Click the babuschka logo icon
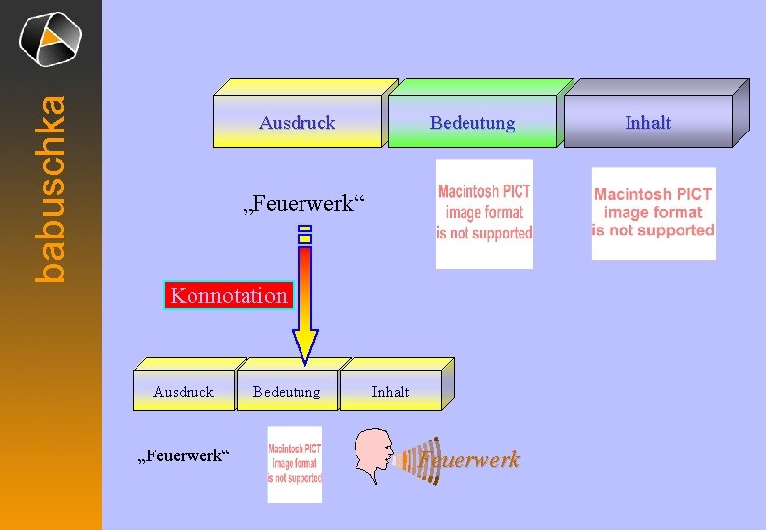tap(49, 39)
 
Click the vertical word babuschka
tap(50, 186)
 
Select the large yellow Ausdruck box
tap(298, 121)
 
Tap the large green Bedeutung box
tap(472, 121)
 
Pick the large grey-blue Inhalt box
tap(648, 121)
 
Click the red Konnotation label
tap(229, 295)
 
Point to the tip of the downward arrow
tap(305, 360)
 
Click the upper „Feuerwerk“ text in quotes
tap(302, 204)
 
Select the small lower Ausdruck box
tap(184, 391)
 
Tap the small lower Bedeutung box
tap(287, 391)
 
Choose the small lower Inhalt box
tap(390, 391)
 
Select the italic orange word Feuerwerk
tap(468, 459)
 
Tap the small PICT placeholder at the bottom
tap(295, 464)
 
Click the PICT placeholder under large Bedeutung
tap(484, 213)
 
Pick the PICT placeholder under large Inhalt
tap(653, 213)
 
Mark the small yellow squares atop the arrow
tap(305, 235)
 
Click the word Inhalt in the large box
tap(648, 122)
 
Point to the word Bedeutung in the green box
tap(472, 122)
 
